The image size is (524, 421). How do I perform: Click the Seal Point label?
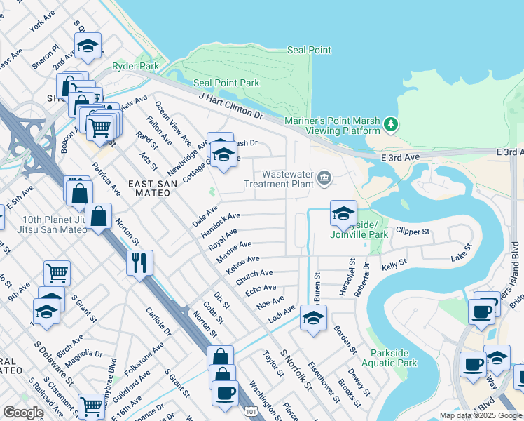click(x=309, y=51)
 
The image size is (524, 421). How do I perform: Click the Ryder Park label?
click(x=135, y=67)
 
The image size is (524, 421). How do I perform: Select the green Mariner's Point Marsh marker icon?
click(x=391, y=125)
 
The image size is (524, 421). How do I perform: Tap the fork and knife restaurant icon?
click(x=139, y=262)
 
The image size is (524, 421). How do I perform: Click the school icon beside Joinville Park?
click(x=343, y=213)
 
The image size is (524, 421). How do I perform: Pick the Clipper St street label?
click(x=411, y=229)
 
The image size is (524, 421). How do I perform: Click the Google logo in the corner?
click(x=23, y=413)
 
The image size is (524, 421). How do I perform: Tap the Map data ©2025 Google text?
click(x=480, y=415)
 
